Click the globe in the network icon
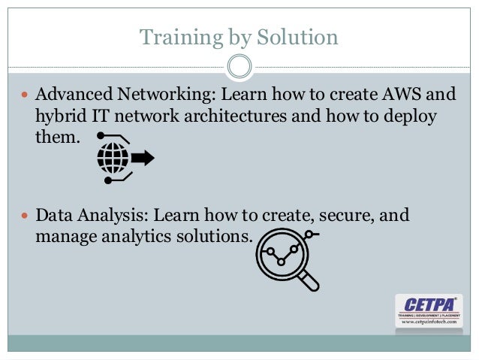pyautogui.click(x=113, y=158)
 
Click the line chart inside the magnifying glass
pyautogui.click(x=282, y=253)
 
